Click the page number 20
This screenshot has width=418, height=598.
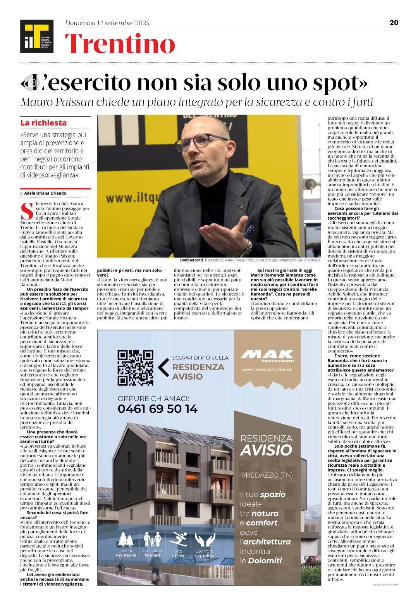pyautogui.click(x=394, y=22)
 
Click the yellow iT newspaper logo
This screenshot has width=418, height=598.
pyautogui.click(x=37, y=36)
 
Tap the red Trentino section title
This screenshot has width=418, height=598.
pyautogui.click(x=120, y=44)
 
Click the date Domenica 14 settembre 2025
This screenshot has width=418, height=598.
pyautogui.click(x=107, y=23)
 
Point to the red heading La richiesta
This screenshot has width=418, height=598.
pyautogui.click(x=43, y=123)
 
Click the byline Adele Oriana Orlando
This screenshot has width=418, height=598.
pyautogui.click(x=45, y=193)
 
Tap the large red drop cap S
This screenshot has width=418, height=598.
pyautogui.click(x=27, y=211)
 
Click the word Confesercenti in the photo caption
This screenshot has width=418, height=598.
pyautogui.click(x=191, y=260)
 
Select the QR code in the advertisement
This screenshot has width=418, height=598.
pyautogui.click(x=135, y=368)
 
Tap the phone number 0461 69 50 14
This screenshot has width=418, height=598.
pyautogui.click(x=157, y=409)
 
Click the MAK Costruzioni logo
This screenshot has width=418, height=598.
pyautogui.click(x=267, y=355)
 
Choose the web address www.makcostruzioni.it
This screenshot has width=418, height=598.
pyautogui.click(x=267, y=369)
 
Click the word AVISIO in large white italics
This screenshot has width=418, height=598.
pyautogui.click(x=266, y=450)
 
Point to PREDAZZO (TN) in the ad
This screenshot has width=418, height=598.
pyautogui.click(x=267, y=475)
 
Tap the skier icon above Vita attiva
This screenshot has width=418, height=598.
pyautogui.click(x=179, y=539)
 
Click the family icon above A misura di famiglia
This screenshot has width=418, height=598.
pyautogui.click(x=152, y=539)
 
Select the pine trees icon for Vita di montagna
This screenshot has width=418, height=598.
pyautogui.click(x=126, y=539)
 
